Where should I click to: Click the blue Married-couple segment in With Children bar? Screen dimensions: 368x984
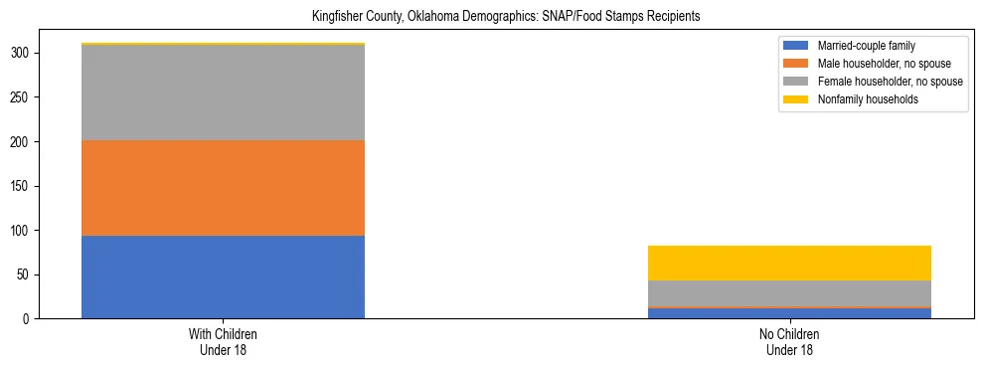[223, 276]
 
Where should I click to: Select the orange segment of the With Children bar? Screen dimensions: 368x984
[223, 188]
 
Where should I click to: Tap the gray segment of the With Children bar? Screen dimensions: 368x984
[223, 92]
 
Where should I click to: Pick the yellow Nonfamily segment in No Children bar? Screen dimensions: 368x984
[789, 263]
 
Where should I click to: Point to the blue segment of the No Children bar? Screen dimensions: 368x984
[789, 314]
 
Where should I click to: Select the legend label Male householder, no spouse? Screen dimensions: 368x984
[875, 64]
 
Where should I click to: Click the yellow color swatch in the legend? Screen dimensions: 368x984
[797, 99]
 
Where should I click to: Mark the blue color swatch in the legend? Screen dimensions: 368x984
[797, 46]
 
